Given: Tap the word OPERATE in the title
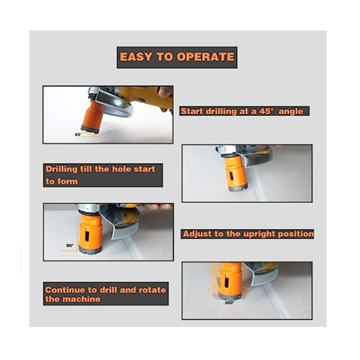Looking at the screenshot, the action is pos(206,57).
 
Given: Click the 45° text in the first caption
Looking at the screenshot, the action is pos(266,111).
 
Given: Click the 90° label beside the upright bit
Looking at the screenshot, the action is pos(70,246).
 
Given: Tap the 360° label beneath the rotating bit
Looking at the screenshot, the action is pos(229,302).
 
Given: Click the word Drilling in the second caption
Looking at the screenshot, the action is pos(62,169).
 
